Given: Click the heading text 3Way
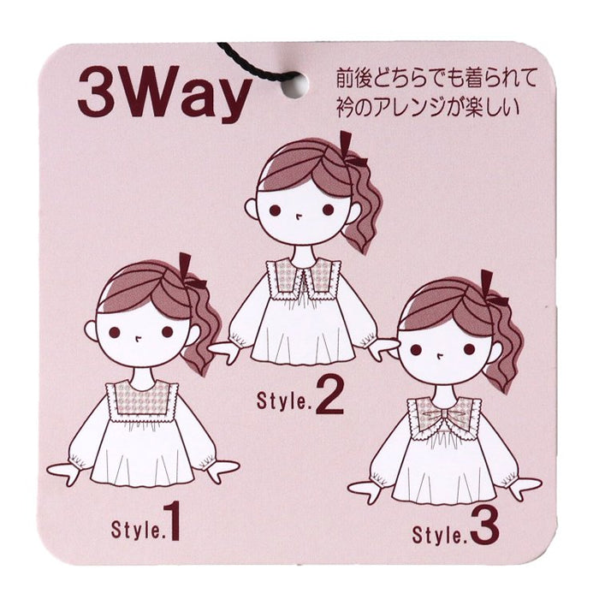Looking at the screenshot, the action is coord(164,94).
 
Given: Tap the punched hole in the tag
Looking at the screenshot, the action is coord(296,83).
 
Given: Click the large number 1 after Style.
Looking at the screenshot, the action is coord(172,521).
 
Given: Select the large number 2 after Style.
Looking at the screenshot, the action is coord(329,395).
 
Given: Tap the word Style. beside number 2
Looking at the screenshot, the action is coord(284,401).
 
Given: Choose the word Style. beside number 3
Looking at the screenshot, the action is coord(440,534).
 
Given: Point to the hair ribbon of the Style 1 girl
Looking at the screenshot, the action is coord(190,272).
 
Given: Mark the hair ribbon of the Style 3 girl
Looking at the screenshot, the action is coord(493,288).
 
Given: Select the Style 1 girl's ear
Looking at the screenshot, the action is coord(91,331).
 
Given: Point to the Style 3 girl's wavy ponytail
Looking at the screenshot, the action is coord(505,344).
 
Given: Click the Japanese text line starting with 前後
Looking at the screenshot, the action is coord(436,79).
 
